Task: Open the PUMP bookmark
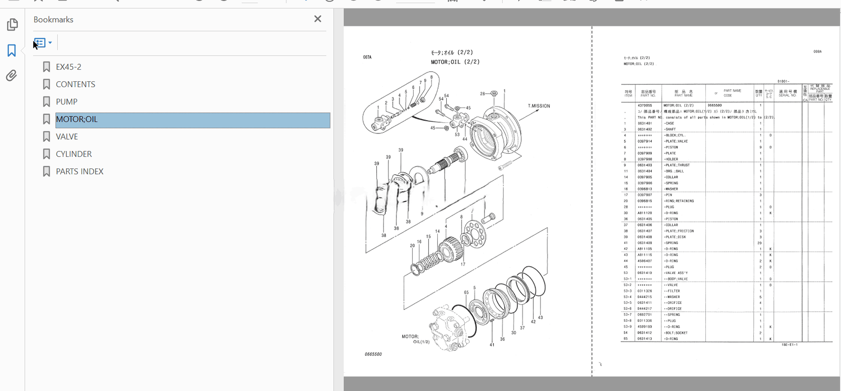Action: click(x=67, y=102)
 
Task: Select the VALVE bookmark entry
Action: click(x=67, y=136)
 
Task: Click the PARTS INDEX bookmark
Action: click(x=79, y=172)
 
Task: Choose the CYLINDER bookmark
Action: click(x=74, y=154)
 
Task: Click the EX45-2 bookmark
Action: click(x=68, y=67)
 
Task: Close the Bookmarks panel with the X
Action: click(x=317, y=19)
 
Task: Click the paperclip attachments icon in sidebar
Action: click(x=12, y=76)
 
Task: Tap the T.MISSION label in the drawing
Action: click(x=539, y=106)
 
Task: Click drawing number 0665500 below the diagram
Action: click(x=373, y=354)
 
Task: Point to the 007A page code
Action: click(x=367, y=57)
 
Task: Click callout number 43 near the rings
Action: click(x=540, y=318)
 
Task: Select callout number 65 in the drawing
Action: click(x=466, y=292)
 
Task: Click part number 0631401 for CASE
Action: click(x=644, y=123)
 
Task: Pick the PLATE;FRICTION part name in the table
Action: click(x=679, y=231)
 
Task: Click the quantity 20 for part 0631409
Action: click(x=760, y=243)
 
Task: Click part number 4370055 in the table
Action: click(x=644, y=105)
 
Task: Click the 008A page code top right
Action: click(x=817, y=51)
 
